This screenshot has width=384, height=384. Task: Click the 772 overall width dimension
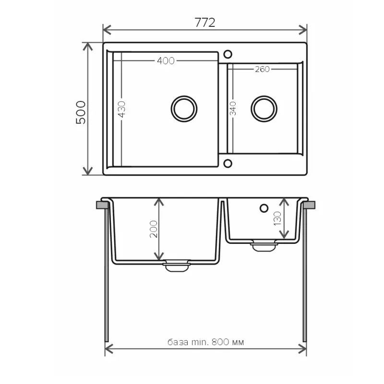[x=205, y=23]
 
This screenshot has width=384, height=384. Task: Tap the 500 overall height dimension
[x=81, y=112]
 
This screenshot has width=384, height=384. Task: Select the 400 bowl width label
[x=166, y=61]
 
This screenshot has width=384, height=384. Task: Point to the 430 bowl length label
[x=122, y=109]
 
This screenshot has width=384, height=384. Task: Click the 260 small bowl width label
[x=262, y=69]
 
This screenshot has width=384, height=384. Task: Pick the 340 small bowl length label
[x=233, y=108]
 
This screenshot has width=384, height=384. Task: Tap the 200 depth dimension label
[x=154, y=229]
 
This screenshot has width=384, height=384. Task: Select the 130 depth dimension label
[x=277, y=219]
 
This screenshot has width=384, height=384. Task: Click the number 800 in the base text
[x=220, y=342]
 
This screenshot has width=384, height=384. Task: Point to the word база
[x=178, y=342]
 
